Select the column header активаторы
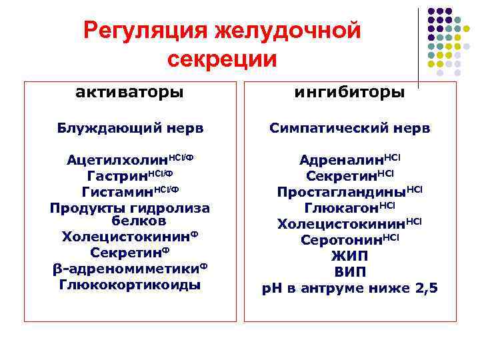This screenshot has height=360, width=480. pyautogui.click(x=130, y=92)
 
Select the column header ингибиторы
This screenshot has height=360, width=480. pyautogui.click(x=349, y=92)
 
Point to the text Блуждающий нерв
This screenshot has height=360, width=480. pyautogui.click(x=129, y=127)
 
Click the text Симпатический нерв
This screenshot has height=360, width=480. pyautogui.click(x=349, y=127)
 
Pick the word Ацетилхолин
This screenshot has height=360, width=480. pyautogui.click(x=117, y=161)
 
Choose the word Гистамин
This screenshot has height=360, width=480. pyautogui.click(x=117, y=192)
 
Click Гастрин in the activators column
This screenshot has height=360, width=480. pyautogui.click(x=117, y=177)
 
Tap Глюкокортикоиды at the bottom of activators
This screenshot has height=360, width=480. pyautogui.click(x=130, y=285)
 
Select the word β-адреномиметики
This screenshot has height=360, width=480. pyautogui.click(x=125, y=269)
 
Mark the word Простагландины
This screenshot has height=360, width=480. pyautogui.click(x=341, y=192)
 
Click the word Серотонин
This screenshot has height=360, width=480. pyautogui.click(x=339, y=239)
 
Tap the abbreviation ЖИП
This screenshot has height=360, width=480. pyautogui.click(x=349, y=256)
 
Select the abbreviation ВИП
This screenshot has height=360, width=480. pyautogui.click(x=349, y=272)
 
